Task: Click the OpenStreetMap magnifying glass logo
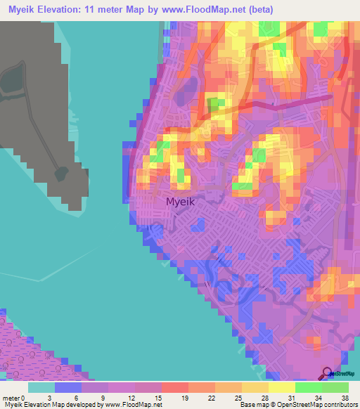[x=328, y=374]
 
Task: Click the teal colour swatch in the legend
[x=41, y=387]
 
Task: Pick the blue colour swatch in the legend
[x=68, y=387]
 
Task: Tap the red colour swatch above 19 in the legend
[x=175, y=387]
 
